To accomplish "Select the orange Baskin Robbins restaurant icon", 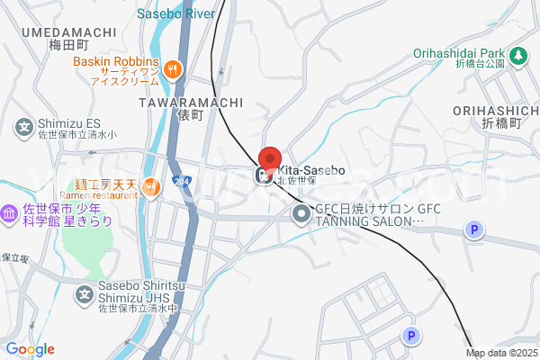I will click(174, 68).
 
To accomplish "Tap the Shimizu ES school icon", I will click(24, 127).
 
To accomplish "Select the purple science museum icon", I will click(9, 214).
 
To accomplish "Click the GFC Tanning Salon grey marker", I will click(301, 213).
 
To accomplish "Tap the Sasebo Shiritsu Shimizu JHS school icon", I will click(85, 293).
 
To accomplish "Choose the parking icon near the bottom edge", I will click(410, 336).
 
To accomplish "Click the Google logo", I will click(30, 349).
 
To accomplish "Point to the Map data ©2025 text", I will click(501, 352).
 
